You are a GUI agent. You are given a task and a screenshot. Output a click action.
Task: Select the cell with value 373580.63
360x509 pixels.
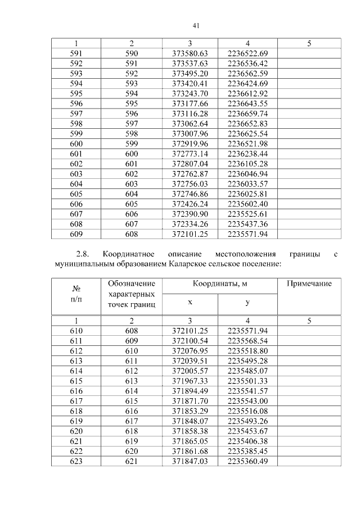tap(190, 53)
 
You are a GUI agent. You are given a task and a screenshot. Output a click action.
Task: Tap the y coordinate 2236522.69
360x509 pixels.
tap(247, 53)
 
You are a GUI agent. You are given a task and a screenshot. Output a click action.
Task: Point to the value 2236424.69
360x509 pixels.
tap(247, 83)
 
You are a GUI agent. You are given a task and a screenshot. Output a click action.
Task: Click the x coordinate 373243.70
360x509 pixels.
tap(190, 93)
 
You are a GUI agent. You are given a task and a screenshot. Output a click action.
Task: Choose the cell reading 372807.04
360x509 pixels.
tap(190, 164)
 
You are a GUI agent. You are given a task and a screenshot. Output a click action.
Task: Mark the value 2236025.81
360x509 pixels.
tap(247, 193)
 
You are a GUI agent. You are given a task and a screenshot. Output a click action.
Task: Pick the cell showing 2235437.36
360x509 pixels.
tap(247, 224)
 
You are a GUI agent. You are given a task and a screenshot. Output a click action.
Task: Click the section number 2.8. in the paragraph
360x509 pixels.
tap(83, 253)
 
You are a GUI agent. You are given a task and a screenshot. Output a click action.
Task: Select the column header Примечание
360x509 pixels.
tap(309, 284)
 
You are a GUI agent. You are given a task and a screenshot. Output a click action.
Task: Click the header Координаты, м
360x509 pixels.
tap(219, 284)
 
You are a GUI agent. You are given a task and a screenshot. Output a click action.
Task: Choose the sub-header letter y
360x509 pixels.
tap(247, 303)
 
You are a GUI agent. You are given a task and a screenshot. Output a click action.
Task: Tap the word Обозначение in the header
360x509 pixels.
tap(131, 284)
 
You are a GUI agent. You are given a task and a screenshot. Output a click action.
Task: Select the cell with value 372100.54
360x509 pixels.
tap(190, 341)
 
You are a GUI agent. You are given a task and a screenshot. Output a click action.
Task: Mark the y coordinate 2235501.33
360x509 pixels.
tap(247, 381)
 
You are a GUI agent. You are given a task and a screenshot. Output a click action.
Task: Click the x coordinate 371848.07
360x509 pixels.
tap(190, 421)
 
